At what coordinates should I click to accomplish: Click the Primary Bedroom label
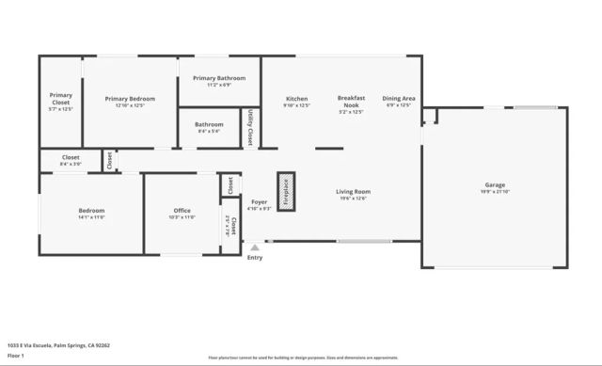[130, 99]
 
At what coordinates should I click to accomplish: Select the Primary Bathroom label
[219, 78]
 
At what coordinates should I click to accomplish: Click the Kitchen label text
[296, 99]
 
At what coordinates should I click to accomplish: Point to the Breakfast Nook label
[350, 102]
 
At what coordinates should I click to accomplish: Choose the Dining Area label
[399, 99]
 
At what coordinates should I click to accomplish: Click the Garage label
[495, 184]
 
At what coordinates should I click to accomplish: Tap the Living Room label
[354, 192]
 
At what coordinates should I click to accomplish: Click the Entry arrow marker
[254, 247]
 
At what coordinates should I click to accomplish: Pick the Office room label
[182, 211]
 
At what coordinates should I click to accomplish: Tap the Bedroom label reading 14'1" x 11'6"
[91, 211]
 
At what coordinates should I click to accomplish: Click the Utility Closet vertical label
[250, 128]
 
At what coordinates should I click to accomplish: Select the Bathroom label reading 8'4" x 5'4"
[209, 124]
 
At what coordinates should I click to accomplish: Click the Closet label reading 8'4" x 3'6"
[71, 157]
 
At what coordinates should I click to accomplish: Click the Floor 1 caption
[16, 356]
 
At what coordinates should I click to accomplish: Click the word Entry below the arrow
[255, 257]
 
